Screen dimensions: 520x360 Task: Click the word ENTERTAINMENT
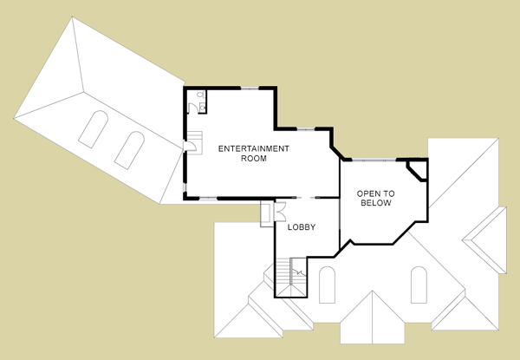click(254, 148)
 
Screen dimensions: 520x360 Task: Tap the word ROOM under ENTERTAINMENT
click(254, 159)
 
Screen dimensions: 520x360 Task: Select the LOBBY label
click(302, 227)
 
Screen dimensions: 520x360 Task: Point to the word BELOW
click(376, 203)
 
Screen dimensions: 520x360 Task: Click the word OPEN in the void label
click(367, 193)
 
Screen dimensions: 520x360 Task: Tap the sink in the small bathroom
click(202, 108)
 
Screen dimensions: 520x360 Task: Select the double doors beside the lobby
click(280, 212)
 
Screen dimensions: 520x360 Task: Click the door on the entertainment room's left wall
click(192, 146)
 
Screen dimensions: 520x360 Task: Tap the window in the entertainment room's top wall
click(250, 88)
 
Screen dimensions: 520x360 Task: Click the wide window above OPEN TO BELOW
click(374, 160)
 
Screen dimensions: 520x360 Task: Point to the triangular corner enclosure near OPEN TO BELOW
click(417, 171)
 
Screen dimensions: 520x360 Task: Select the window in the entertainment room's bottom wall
click(208, 199)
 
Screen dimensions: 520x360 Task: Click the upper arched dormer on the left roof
click(94, 129)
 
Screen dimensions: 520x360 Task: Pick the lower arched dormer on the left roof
click(129, 150)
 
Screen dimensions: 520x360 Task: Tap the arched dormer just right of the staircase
click(327, 285)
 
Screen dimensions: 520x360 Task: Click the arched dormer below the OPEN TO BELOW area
click(419, 285)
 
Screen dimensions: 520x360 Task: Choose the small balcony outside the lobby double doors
click(267, 213)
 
